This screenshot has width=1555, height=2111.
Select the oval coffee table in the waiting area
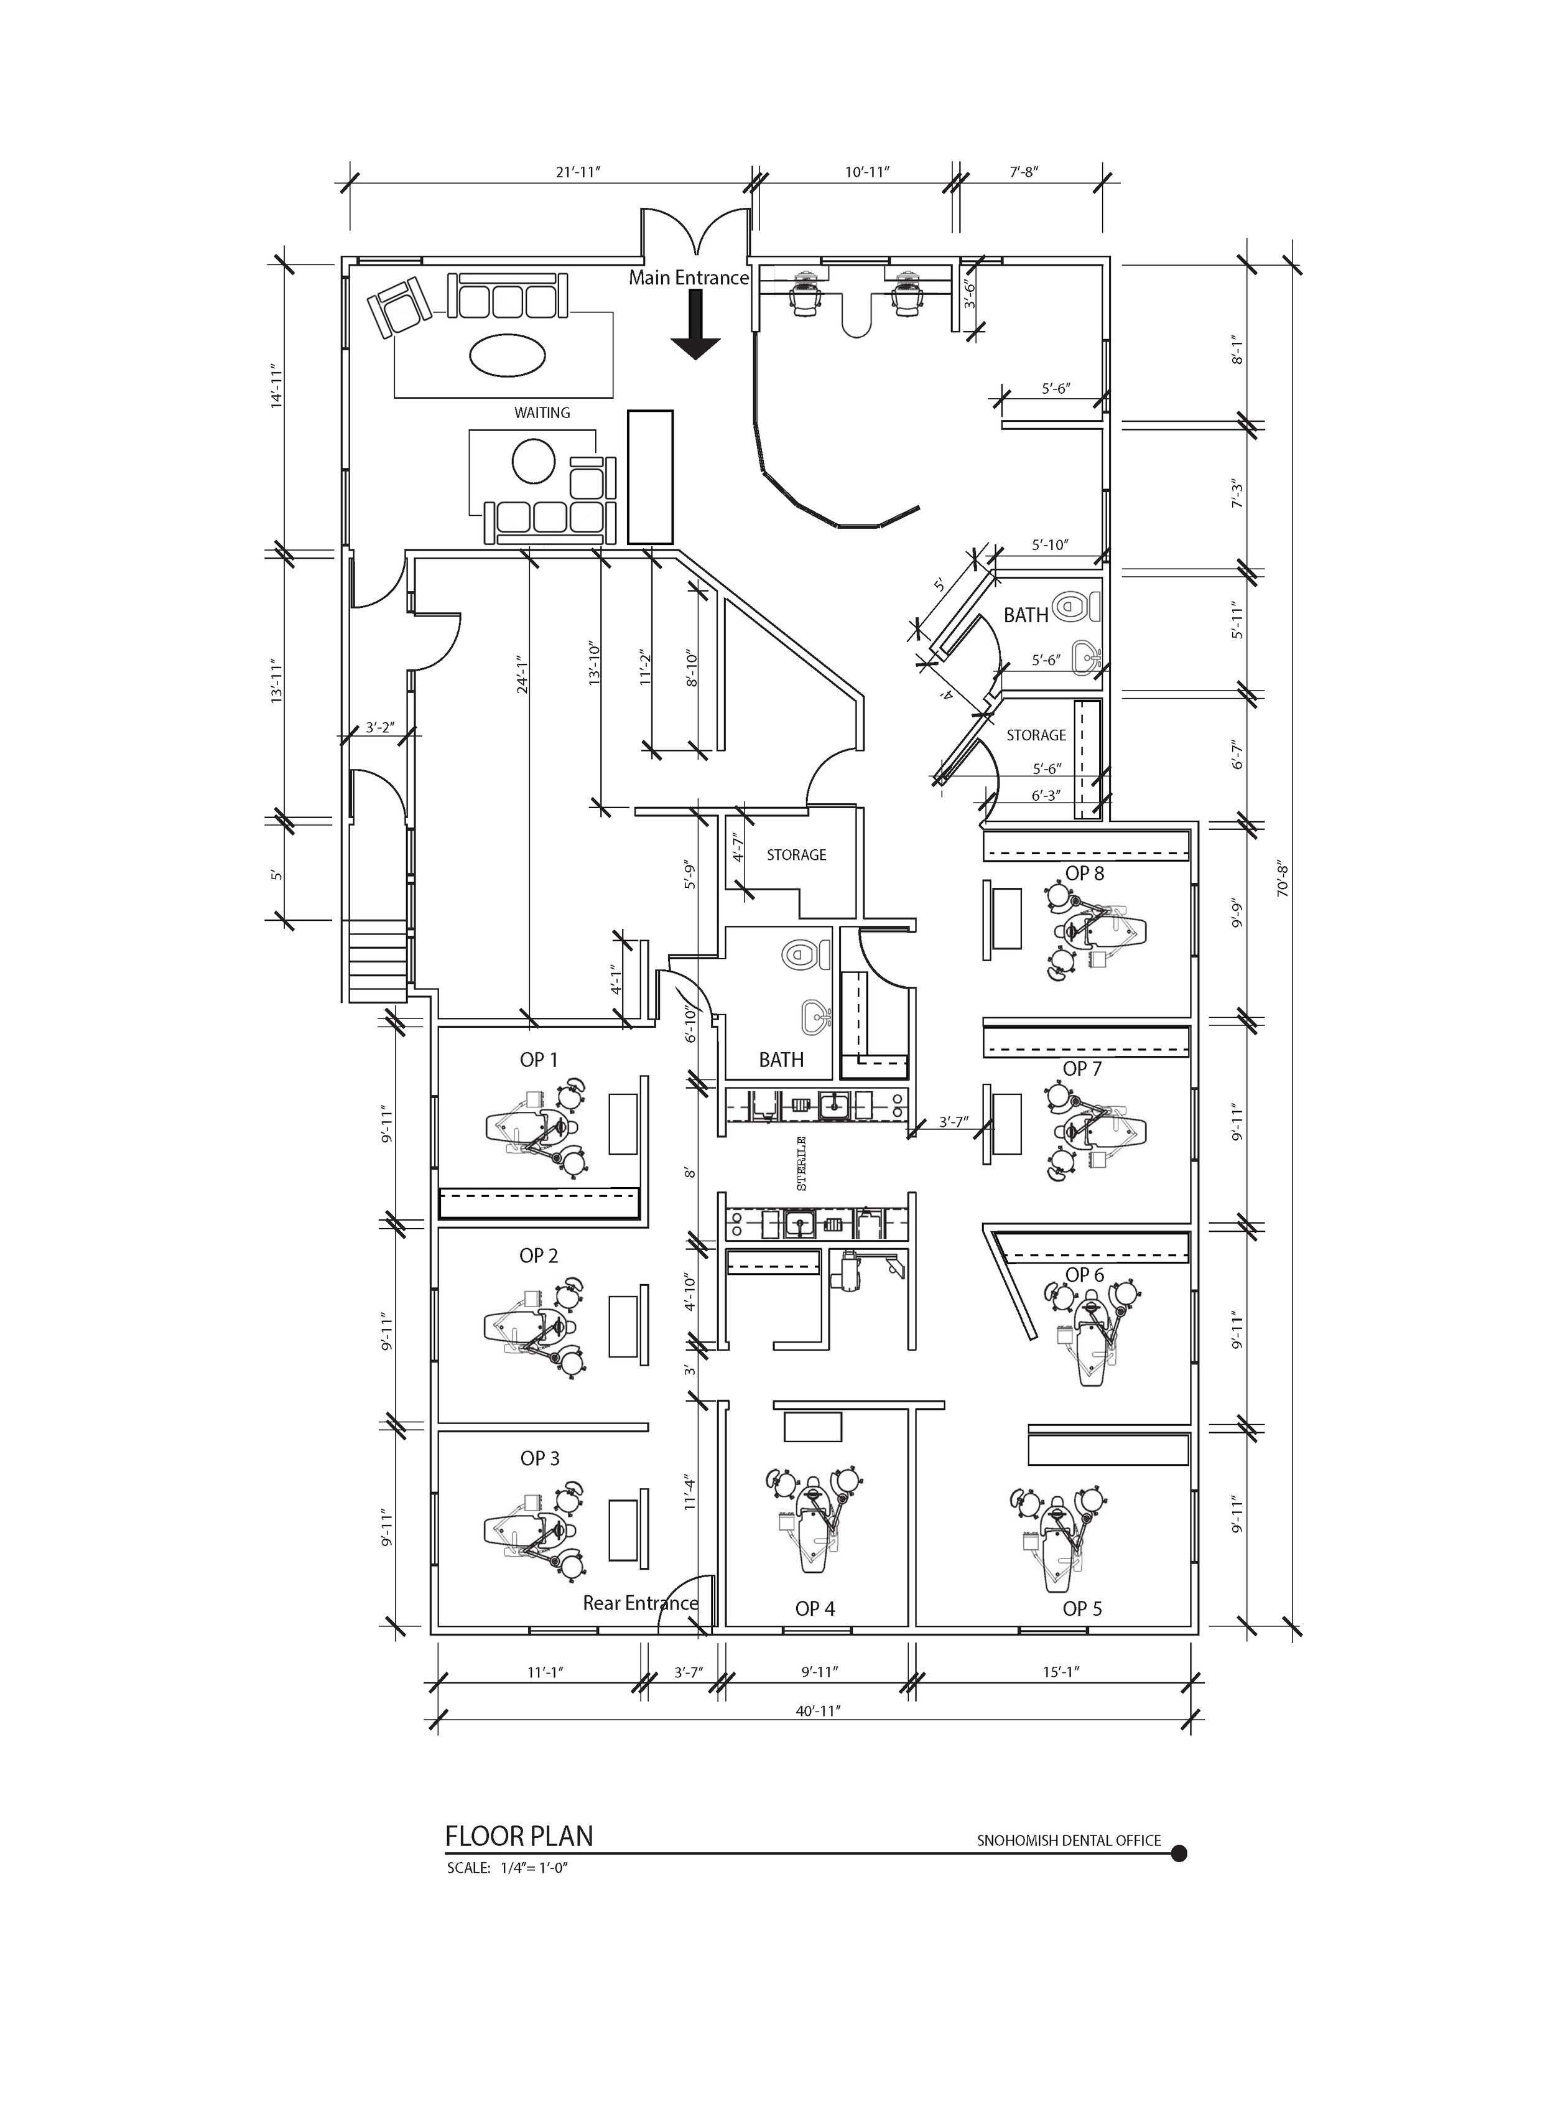506,355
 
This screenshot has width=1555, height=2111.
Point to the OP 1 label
539,1060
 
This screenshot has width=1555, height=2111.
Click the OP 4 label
815,1608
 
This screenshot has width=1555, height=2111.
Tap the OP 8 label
1084,873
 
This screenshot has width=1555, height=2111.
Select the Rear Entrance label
640,1603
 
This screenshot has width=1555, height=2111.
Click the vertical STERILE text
802,1164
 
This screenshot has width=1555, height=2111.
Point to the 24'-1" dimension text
521,674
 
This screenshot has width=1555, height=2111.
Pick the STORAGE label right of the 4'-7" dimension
796,855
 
